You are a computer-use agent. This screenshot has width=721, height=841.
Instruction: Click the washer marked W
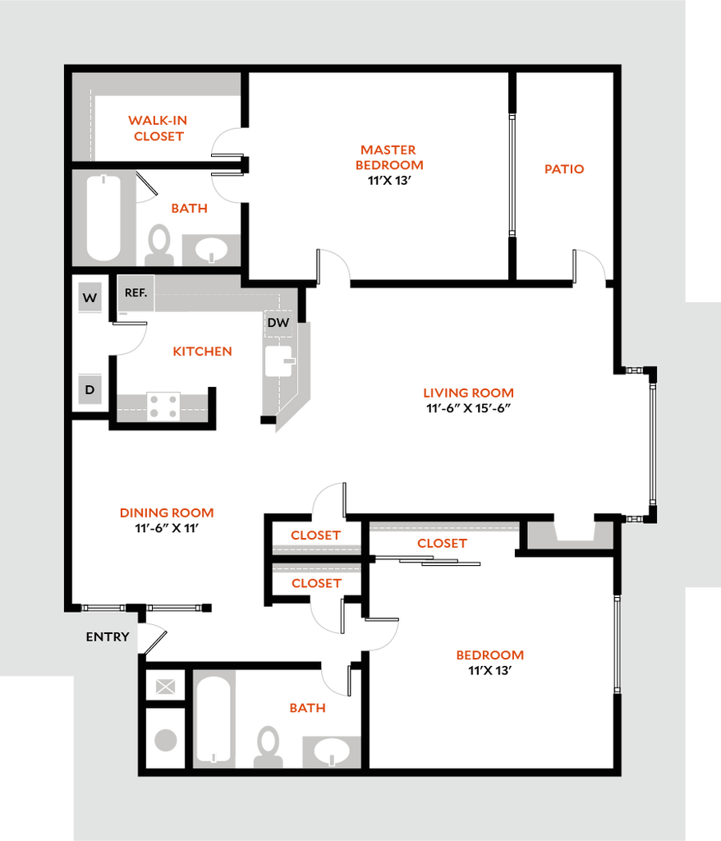[90, 298]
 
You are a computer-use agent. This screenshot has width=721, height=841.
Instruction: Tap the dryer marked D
[90, 389]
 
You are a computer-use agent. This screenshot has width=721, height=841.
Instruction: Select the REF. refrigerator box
[135, 293]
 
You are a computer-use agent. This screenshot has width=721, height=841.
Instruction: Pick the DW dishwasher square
[278, 323]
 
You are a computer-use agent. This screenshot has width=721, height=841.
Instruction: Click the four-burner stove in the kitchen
[163, 407]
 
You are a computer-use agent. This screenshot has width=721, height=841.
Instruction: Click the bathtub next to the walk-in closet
[104, 217]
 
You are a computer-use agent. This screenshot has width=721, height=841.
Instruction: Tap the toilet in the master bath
[159, 243]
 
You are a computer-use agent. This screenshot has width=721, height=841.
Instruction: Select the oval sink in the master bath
[211, 248]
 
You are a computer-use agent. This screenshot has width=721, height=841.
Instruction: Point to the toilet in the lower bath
[269, 745]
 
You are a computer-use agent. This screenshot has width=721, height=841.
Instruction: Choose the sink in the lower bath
[331, 751]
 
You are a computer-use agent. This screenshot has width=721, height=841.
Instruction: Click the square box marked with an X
[166, 687]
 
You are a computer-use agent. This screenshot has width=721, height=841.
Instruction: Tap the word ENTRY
[108, 636]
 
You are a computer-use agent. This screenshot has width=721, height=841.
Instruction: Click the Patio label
[565, 169]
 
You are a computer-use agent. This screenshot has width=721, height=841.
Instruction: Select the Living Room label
[469, 393]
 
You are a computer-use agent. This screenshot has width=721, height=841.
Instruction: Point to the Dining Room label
[167, 512]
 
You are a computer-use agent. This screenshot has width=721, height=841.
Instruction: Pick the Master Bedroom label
[389, 158]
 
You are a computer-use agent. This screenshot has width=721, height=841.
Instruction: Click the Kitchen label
[203, 352]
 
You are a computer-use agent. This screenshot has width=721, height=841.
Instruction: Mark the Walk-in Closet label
[158, 128]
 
